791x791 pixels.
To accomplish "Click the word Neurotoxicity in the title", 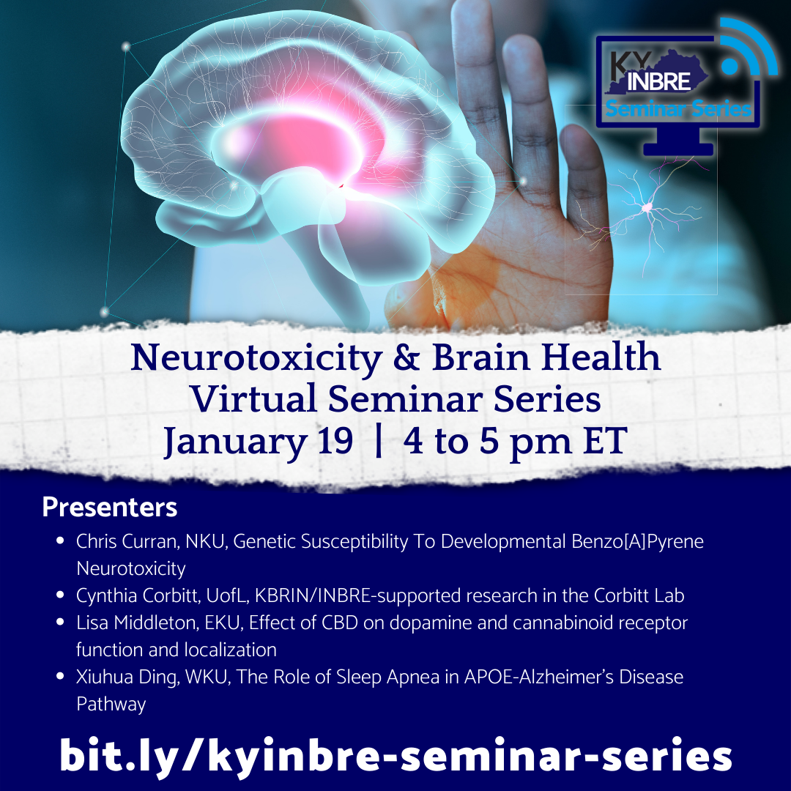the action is point(256,358).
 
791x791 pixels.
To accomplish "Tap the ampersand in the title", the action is point(406,357).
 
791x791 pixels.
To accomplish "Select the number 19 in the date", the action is point(335,440).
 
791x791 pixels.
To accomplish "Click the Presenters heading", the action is point(109,507).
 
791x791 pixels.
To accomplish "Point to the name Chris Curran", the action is point(126,541).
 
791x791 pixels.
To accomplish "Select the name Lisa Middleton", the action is point(134,623).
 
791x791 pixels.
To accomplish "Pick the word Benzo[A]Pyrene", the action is point(637,542).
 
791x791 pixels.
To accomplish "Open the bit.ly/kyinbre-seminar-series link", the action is point(395,755).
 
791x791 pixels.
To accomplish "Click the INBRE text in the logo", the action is point(658,81).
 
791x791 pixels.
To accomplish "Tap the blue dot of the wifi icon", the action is point(729,66).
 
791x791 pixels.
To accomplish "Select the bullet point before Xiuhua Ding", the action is point(61,677).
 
